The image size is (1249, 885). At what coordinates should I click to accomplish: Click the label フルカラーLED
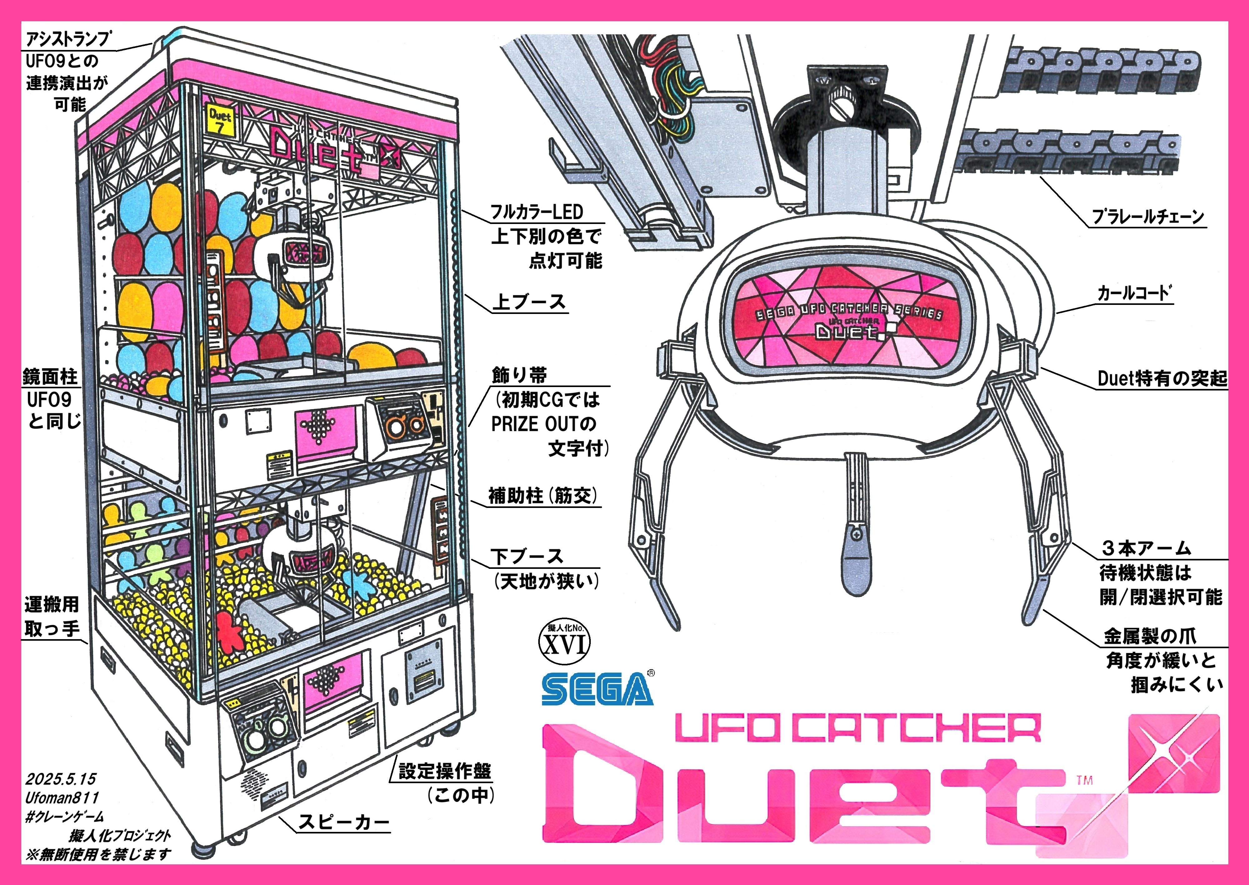click(537, 212)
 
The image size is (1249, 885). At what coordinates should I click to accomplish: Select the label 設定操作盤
click(445, 771)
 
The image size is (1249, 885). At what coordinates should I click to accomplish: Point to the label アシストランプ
click(68, 39)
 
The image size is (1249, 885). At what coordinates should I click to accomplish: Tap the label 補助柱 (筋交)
click(543, 496)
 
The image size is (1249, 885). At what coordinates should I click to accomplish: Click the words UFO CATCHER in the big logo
click(858, 728)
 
